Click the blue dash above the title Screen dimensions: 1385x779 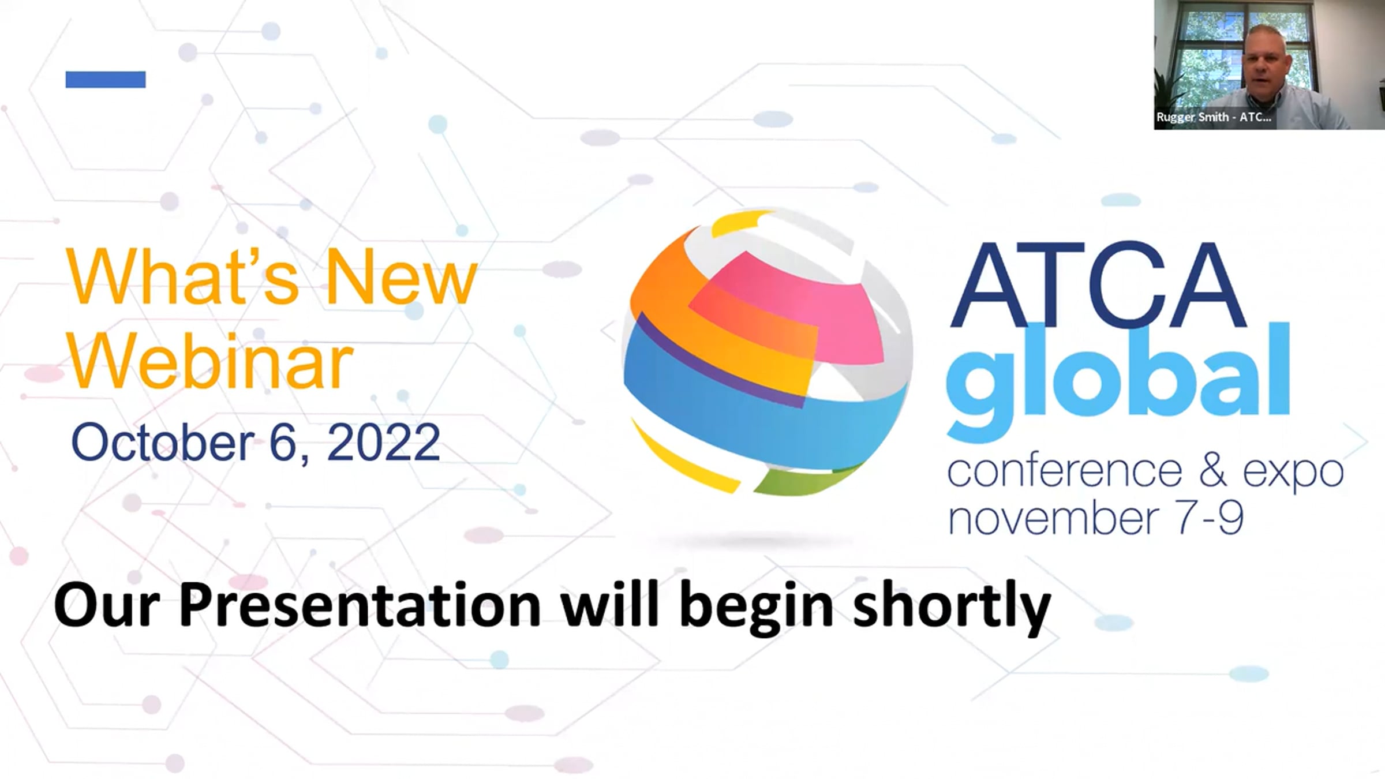click(106, 79)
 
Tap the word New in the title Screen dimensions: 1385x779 click(402, 277)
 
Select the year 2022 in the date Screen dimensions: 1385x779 click(383, 443)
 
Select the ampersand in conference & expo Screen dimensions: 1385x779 click(1212, 470)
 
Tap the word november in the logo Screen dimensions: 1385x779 click(1054, 518)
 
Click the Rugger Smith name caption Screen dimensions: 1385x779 click(1214, 117)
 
